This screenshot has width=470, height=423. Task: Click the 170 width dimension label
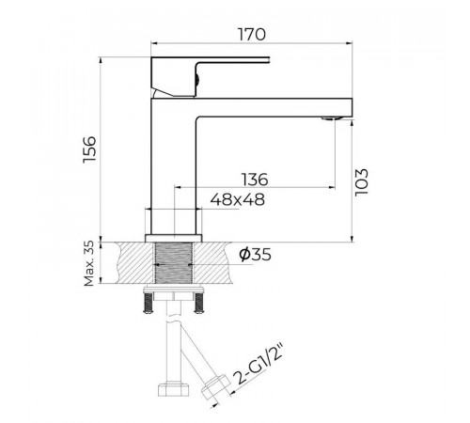click(x=252, y=35)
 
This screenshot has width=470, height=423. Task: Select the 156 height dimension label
click(x=89, y=149)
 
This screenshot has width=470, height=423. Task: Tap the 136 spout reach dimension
click(x=255, y=180)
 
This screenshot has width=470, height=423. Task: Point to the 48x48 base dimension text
click(x=238, y=199)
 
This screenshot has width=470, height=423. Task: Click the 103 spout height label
click(x=361, y=182)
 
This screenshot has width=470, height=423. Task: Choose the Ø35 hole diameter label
click(x=255, y=254)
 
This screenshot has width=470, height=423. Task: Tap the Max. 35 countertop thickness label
click(x=89, y=263)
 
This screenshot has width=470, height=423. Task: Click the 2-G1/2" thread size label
click(x=258, y=365)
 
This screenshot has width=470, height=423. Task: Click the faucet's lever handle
click(x=210, y=76)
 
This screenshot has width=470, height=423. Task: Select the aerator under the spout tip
click(x=332, y=118)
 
